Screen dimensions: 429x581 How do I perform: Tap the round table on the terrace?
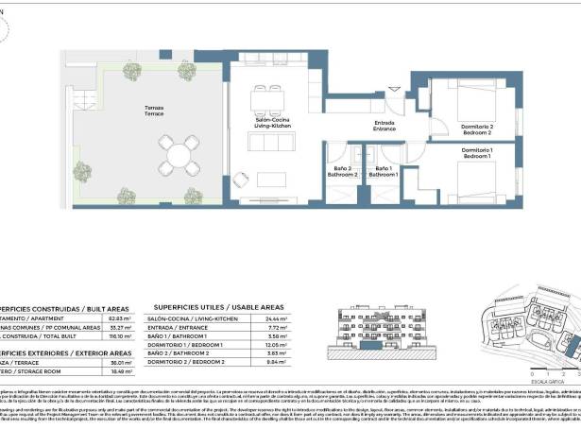[x=179, y=151]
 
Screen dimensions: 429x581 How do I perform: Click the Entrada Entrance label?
[x=384, y=126]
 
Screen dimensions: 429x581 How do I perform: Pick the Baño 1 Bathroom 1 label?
[x=383, y=172]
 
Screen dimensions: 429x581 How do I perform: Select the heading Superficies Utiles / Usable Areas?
[x=218, y=308]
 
